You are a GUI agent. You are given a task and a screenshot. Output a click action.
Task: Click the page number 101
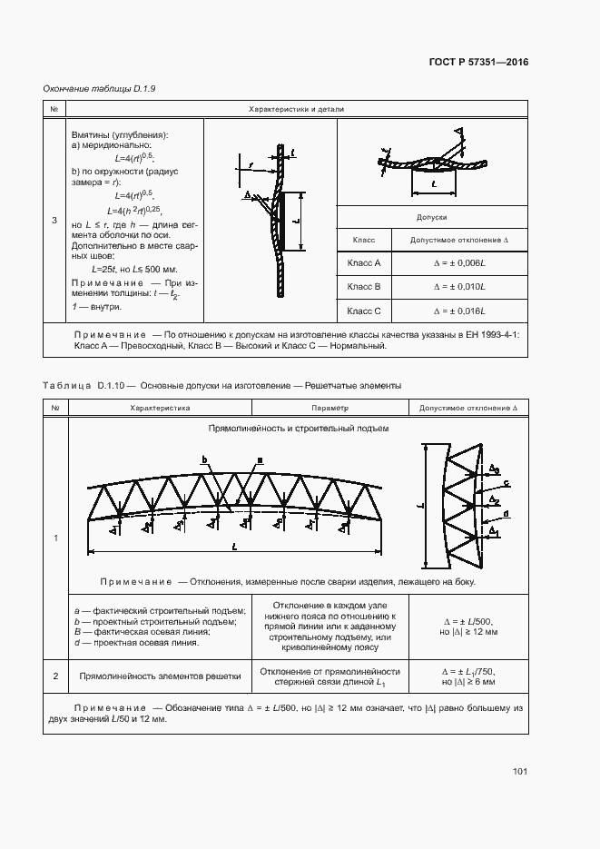tap(520, 772)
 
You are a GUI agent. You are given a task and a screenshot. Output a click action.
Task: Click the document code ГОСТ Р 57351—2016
tap(477, 63)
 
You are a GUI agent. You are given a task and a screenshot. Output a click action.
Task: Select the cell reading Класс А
tap(363, 263)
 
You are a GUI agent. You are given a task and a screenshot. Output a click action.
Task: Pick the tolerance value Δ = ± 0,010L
tap(459, 287)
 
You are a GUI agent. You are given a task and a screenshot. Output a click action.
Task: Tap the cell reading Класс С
tap(363, 311)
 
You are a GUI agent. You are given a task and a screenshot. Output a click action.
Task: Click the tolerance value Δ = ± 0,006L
tap(459, 263)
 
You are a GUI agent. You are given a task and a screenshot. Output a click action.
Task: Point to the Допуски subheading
tap(432, 218)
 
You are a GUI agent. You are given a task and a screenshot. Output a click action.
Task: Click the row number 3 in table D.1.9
tap(54, 221)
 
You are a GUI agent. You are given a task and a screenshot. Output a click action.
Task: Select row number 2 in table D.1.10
tap(54, 676)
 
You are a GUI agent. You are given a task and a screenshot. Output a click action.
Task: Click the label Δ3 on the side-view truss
tap(494, 469)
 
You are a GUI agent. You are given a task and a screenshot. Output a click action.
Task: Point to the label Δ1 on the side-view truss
tap(494, 528)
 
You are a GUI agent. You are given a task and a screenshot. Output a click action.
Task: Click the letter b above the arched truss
tap(206, 460)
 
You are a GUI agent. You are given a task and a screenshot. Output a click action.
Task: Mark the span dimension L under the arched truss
tap(234, 548)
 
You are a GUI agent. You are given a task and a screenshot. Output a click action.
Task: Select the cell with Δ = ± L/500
tap(468, 624)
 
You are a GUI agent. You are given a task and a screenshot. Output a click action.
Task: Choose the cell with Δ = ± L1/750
tap(468, 676)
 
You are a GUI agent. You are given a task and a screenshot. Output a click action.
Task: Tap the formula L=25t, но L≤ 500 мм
tap(134, 270)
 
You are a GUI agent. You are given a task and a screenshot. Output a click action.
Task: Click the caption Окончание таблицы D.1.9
tap(100, 88)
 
